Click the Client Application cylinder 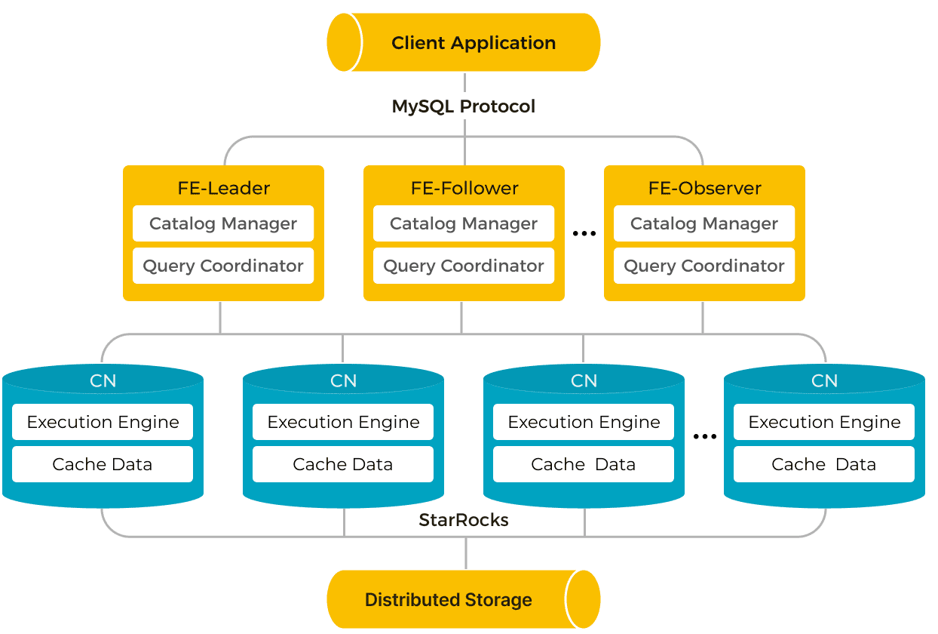click(x=464, y=42)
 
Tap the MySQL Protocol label click(x=464, y=106)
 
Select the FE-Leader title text click(x=224, y=188)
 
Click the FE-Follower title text click(x=464, y=188)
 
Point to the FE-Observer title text click(x=705, y=188)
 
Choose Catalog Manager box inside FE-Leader click(x=223, y=223)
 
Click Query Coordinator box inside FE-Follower click(x=464, y=266)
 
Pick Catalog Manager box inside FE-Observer click(x=704, y=223)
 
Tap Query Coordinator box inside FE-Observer click(x=704, y=266)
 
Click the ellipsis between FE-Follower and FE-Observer click(x=584, y=233)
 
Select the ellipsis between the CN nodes click(x=705, y=437)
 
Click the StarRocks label click(x=464, y=520)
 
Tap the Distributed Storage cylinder click(x=464, y=599)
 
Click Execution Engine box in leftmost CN click(x=103, y=422)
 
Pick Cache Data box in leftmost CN click(x=103, y=464)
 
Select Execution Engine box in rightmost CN click(x=824, y=422)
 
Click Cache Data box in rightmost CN click(x=824, y=464)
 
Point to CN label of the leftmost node click(x=103, y=381)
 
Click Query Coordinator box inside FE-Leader click(x=223, y=266)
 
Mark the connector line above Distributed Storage click(x=466, y=553)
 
